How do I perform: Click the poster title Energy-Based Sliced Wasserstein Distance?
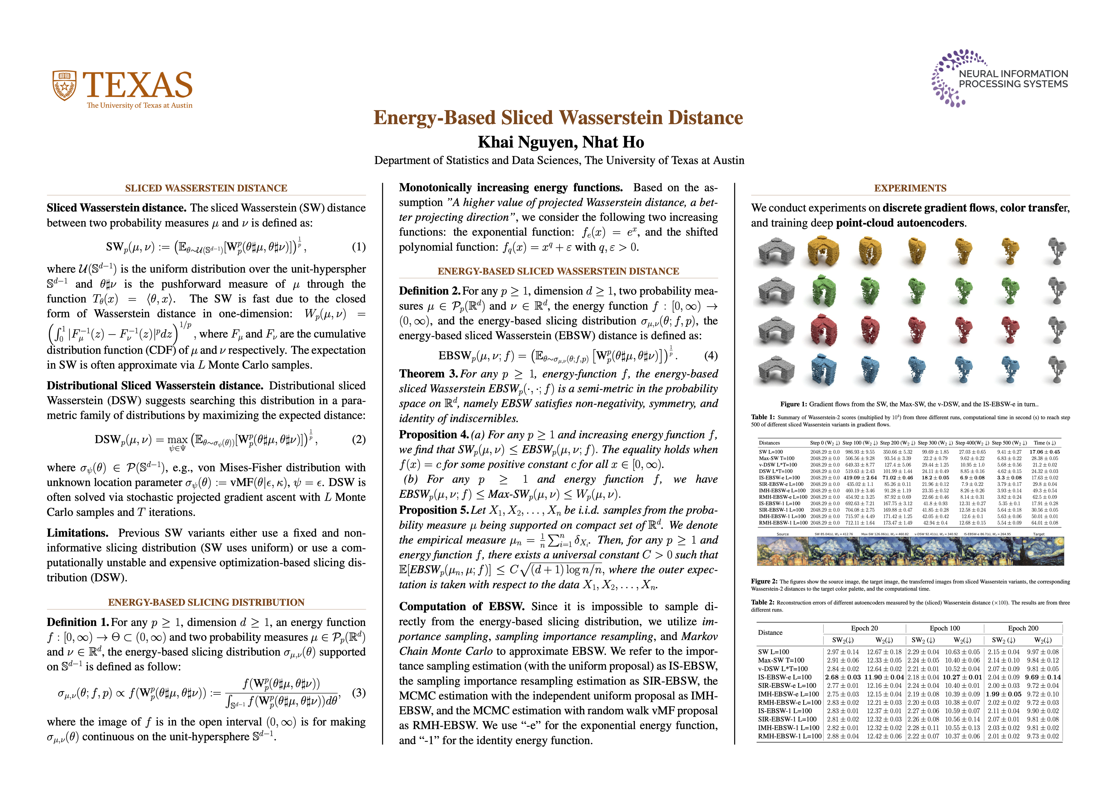pos(558,118)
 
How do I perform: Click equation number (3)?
pos(358,692)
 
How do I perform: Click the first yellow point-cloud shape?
pos(824,251)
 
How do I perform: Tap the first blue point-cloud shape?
pos(824,372)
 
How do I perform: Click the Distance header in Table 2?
pos(770,632)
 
